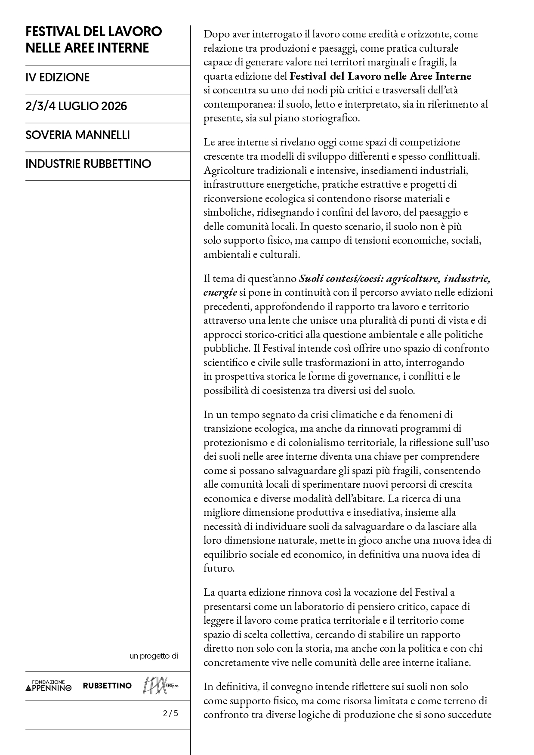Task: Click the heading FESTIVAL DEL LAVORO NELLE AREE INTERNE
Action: tap(94, 40)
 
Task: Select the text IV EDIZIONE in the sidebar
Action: tap(58, 77)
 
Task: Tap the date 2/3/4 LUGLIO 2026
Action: tap(76, 106)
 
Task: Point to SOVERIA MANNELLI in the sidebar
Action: tap(77, 135)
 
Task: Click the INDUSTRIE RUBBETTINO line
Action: tap(88, 164)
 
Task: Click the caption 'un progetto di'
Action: tap(153, 656)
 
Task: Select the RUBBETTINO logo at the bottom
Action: tap(107, 686)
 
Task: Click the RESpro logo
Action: tap(160, 686)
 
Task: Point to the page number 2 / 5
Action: tap(170, 713)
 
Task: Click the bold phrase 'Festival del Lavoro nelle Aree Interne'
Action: tap(380, 77)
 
